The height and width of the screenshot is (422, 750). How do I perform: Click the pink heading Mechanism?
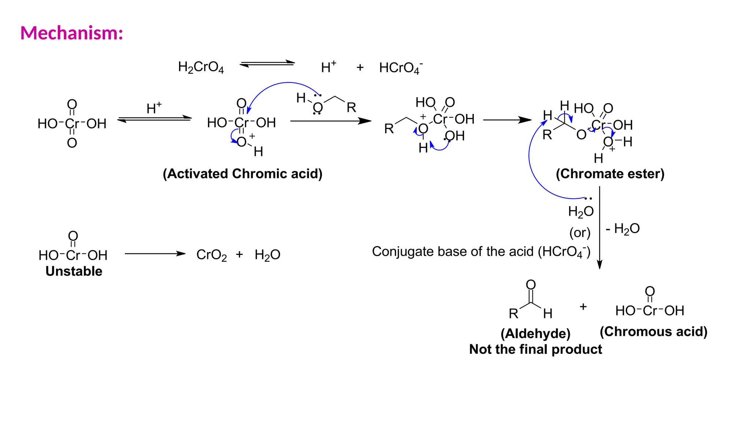(72, 33)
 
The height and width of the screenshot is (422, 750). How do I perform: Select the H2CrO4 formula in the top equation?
(201, 67)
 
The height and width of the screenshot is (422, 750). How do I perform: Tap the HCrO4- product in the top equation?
(401, 68)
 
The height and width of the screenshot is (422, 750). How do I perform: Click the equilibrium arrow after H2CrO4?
(267, 64)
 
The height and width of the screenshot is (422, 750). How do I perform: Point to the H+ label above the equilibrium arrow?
(154, 108)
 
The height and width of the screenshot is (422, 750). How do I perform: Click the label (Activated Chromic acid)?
(242, 174)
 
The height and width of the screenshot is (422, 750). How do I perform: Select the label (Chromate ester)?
(610, 174)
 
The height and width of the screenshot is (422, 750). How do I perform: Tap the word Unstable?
(74, 271)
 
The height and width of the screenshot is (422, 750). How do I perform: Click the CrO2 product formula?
(211, 255)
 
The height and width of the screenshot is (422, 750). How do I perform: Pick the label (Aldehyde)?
(535, 333)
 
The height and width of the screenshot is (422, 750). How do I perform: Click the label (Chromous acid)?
(653, 332)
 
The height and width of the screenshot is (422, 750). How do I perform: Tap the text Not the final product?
(535, 349)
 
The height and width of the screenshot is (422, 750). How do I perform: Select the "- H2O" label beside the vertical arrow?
(623, 229)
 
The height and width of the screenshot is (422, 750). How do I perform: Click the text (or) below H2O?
(580, 232)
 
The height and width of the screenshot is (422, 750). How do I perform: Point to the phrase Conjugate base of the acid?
(453, 251)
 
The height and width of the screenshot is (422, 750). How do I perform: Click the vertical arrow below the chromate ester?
(599, 227)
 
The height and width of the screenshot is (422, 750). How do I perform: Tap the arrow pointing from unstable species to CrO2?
(155, 253)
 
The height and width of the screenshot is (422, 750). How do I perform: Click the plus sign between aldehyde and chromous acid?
(583, 306)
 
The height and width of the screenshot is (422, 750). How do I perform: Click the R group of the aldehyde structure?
(513, 314)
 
